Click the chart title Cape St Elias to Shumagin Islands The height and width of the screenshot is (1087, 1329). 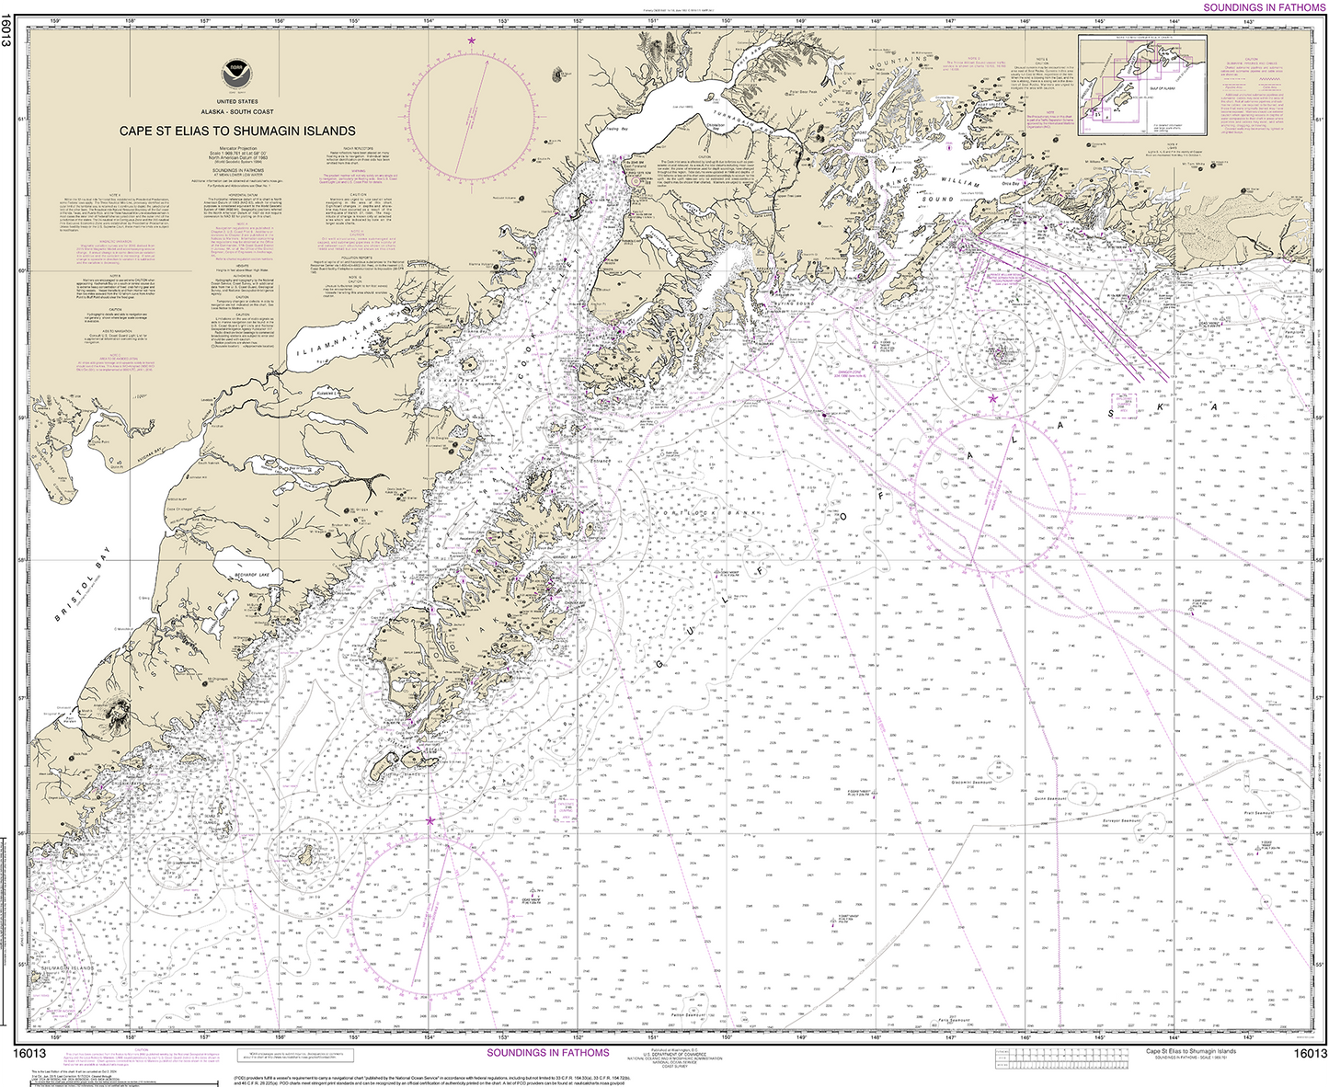(237, 132)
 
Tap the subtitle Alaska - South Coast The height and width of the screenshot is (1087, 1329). (237, 111)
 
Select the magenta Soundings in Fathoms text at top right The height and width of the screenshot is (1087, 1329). (1264, 7)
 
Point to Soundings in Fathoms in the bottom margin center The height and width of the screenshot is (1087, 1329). (547, 1053)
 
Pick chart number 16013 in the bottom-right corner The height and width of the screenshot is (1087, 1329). (1310, 1054)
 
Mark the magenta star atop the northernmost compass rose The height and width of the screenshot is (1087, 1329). (472, 40)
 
